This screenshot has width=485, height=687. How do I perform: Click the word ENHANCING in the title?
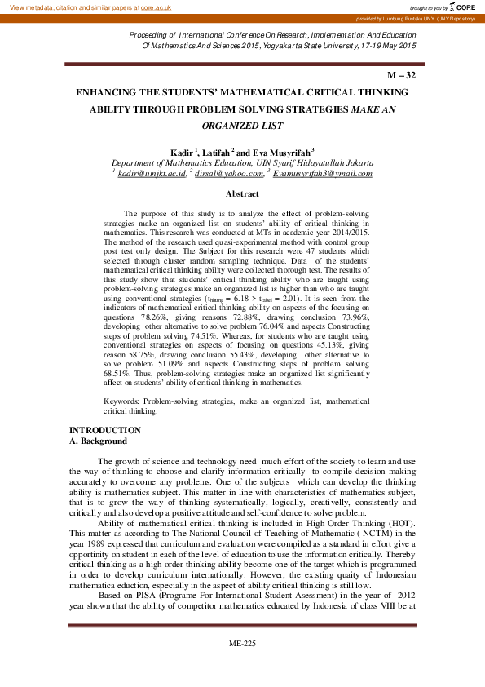[112, 94]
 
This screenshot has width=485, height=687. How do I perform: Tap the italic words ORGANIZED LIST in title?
[242, 126]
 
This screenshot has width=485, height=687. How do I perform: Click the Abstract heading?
[242, 194]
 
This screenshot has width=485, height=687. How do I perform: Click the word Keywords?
[122, 402]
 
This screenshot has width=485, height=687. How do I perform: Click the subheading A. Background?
[98, 441]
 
